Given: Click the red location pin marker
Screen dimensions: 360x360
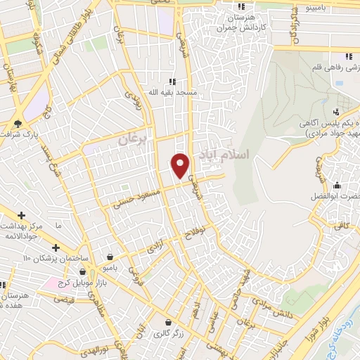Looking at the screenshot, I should [181, 165].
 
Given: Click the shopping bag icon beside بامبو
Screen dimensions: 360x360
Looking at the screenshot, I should [110, 257].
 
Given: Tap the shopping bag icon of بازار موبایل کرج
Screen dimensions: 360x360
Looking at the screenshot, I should [83, 272].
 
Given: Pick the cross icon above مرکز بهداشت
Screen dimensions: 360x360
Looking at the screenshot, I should [22, 215].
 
